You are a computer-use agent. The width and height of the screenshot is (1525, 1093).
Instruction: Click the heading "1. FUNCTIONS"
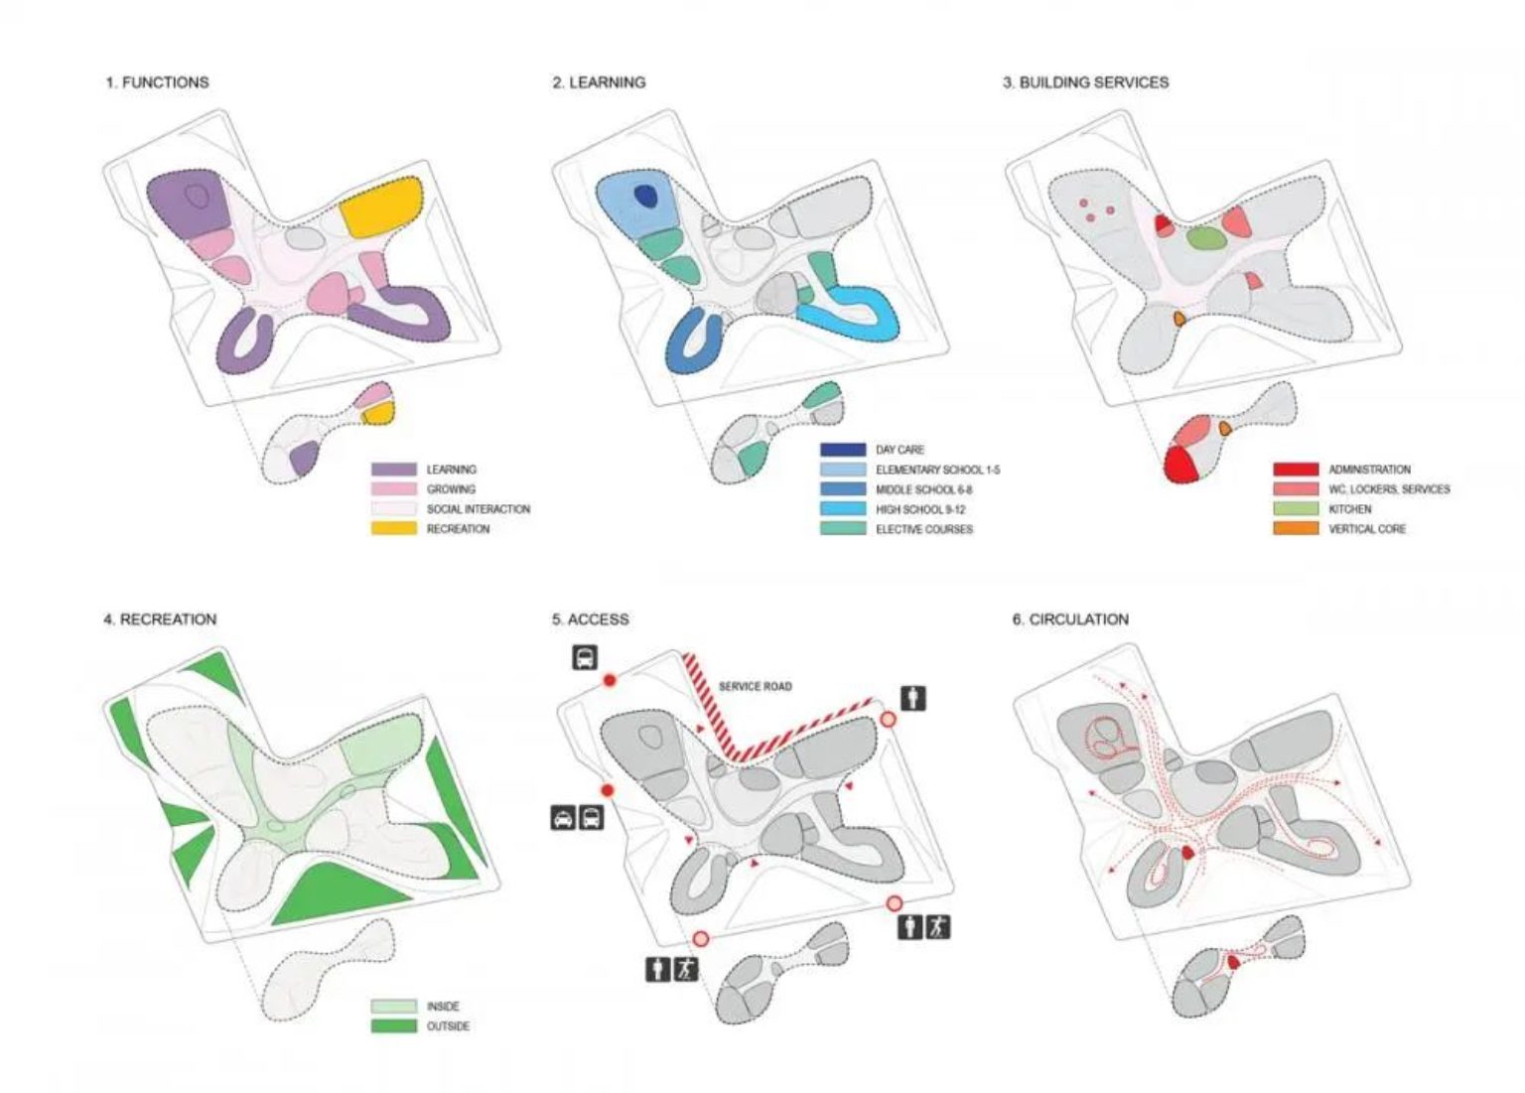(x=157, y=82)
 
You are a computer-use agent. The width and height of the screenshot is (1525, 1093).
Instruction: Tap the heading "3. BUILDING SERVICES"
(x=1085, y=82)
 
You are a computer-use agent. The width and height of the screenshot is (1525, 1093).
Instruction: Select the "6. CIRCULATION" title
(x=1070, y=619)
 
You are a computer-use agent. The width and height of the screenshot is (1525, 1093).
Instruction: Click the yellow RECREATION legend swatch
(x=393, y=528)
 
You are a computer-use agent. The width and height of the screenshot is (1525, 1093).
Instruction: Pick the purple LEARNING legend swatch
(x=393, y=469)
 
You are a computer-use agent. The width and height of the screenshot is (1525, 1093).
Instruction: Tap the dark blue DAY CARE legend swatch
(x=843, y=449)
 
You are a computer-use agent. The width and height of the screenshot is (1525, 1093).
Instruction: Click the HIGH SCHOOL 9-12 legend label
(x=920, y=509)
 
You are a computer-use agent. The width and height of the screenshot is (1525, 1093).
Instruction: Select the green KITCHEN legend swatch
(x=1296, y=508)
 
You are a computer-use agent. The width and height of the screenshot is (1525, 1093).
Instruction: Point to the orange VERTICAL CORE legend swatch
(x=1296, y=528)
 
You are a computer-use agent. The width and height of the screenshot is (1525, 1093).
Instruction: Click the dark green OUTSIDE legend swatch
(x=393, y=1025)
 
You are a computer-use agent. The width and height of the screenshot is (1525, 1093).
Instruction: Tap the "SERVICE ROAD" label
(x=755, y=687)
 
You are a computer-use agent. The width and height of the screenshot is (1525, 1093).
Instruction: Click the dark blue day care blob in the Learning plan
(x=644, y=196)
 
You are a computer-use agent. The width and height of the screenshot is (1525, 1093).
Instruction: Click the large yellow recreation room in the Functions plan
(x=381, y=206)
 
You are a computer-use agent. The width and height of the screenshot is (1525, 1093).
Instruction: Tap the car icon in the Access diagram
(x=563, y=817)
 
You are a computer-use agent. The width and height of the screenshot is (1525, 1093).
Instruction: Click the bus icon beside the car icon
(x=591, y=817)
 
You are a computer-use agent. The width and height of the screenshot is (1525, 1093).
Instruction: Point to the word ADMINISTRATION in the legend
(x=1369, y=470)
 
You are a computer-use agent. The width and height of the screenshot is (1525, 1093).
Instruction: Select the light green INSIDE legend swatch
(x=393, y=1006)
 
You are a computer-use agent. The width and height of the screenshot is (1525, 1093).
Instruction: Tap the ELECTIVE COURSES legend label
(x=924, y=529)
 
